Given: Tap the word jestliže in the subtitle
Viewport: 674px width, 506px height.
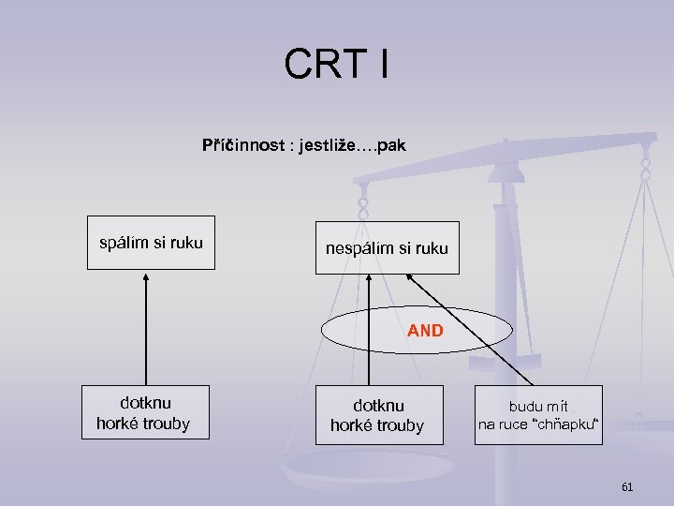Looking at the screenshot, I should pyautogui.click(x=327, y=146).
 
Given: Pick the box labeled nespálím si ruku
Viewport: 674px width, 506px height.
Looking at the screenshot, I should pyautogui.click(x=387, y=248).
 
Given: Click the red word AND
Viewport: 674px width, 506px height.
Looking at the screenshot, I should pyautogui.click(x=425, y=331).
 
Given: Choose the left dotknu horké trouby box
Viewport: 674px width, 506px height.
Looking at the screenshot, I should pyautogui.click(x=143, y=413).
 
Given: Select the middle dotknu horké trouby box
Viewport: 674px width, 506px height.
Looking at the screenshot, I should pyautogui.click(x=377, y=415).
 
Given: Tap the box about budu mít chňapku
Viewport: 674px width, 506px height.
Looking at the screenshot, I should pyautogui.click(x=538, y=415).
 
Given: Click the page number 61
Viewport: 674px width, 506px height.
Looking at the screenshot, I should pyautogui.click(x=627, y=486).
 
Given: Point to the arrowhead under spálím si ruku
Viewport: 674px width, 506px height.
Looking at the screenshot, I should pyautogui.click(x=146, y=276).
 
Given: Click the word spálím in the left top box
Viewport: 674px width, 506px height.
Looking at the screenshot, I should pyautogui.click(x=124, y=244).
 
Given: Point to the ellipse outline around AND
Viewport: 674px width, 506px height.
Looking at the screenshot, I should pyautogui.click(x=322, y=331).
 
